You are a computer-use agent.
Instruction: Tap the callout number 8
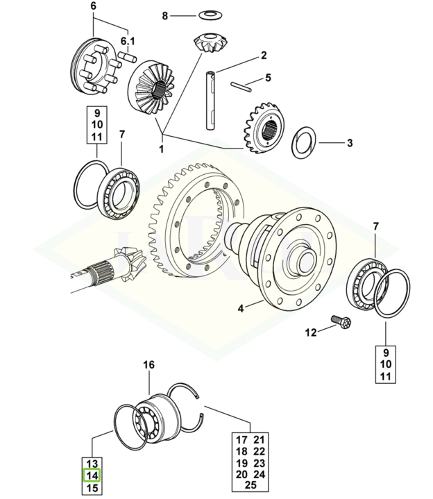[x=164, y=15]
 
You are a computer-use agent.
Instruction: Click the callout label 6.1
[x=128, y=40]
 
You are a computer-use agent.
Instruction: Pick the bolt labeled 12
[x=342, y=322]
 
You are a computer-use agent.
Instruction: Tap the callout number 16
[x=149, y=365]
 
